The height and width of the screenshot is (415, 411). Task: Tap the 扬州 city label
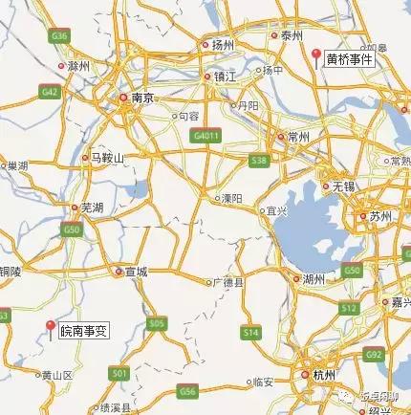[x=223, y=44]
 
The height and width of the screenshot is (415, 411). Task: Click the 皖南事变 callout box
[x=84, y=331]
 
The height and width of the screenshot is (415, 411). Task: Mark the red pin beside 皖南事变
[x=51, y=328]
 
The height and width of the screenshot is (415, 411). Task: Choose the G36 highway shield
[x=62, y=35]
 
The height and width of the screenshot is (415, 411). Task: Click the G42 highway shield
[x=50, y=92]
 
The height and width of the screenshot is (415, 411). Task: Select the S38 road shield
[x=258, y=163]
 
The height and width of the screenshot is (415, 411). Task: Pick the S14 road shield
[x=250, y=332]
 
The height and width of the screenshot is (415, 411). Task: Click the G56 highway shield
[x=187, y=391]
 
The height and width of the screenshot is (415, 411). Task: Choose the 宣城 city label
[x=136, y=272]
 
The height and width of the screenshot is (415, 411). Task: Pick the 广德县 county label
[x=229, y=282]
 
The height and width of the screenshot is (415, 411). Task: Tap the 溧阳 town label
[x=230, y=199]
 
